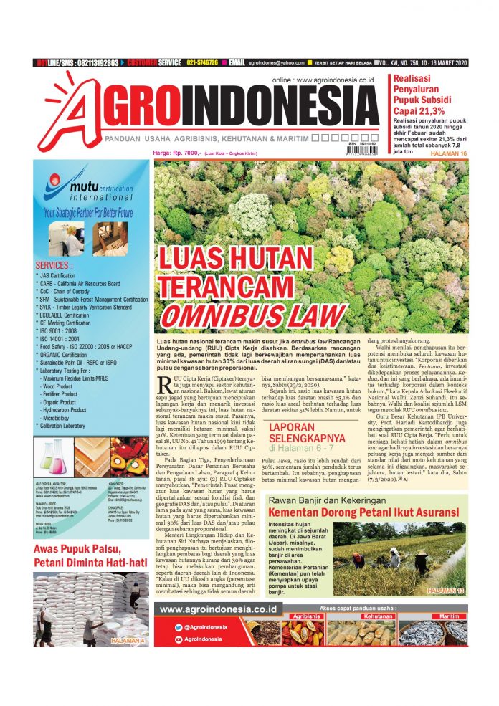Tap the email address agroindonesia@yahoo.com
pyautogui.click(x=282, y=63)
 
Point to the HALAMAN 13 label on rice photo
pyautogui.click(x=447, y=590)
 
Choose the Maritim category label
pyautogui.click(x=449, y=616)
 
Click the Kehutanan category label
pyautogui.click(x=377, y=616)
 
